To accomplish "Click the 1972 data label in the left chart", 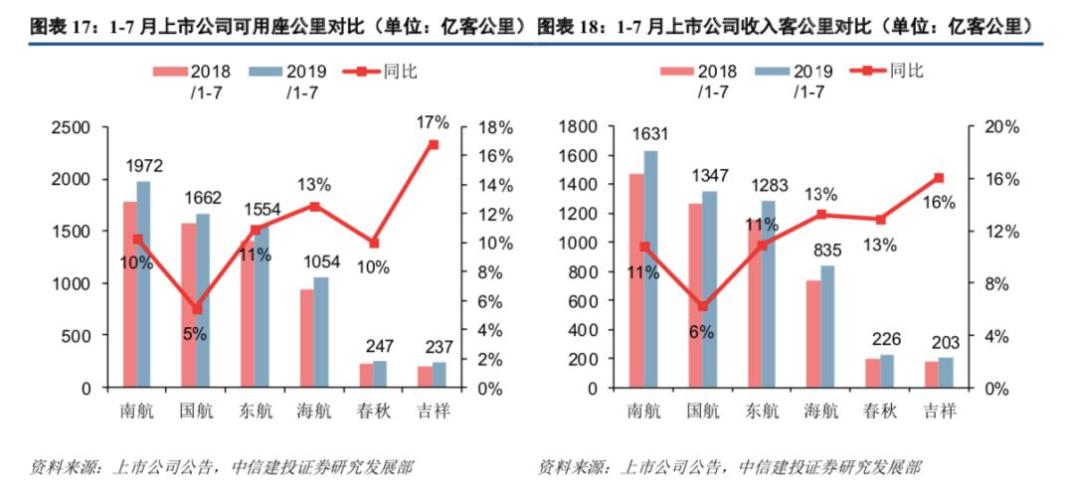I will pos(143,166).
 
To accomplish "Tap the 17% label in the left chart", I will pos(434,123).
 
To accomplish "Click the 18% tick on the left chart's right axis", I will pos(494,127).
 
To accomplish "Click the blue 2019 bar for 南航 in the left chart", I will pos(143,284).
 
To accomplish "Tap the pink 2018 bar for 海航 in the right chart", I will pos(813,334).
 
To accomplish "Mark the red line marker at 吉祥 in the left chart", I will pos(434,144).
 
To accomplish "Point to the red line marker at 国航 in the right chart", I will pos(702,306).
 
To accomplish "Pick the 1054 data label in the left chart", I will pos(320,262).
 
